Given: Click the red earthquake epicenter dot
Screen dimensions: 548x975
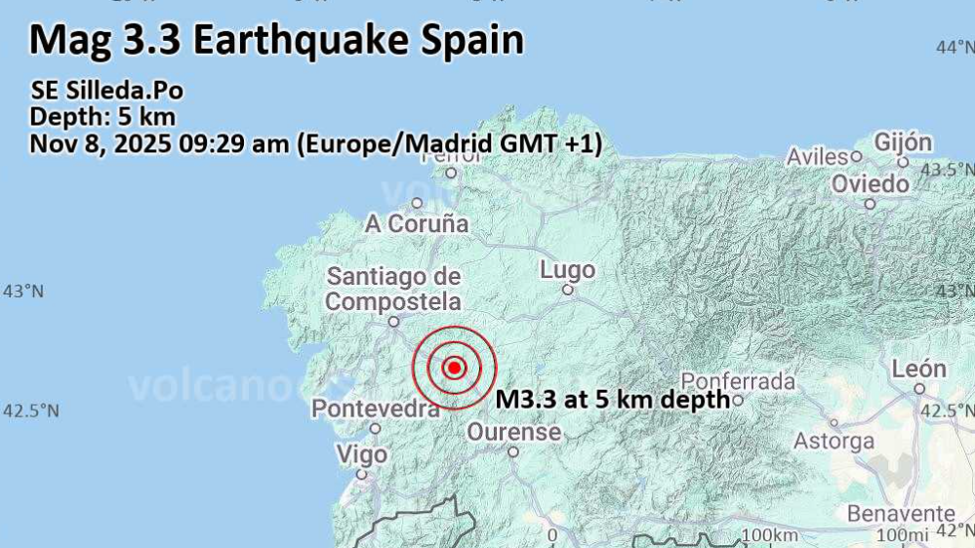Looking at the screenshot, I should [454, 368].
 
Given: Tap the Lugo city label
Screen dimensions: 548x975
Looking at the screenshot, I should [567, 270].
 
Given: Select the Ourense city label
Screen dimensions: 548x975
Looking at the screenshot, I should [513, 431].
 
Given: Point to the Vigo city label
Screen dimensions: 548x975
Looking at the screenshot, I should [361, 454].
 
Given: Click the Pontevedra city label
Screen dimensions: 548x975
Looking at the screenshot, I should [375, 409].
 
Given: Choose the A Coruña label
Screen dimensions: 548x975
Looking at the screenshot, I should [417, 223].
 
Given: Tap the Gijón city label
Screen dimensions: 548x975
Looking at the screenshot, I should [903, 142].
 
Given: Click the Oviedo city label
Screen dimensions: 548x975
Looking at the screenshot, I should [871, 183].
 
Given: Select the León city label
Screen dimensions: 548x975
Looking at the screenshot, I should [918, 369].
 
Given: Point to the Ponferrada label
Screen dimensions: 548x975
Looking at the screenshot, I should [738, 380].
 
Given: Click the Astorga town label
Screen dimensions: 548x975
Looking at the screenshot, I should [833, 441].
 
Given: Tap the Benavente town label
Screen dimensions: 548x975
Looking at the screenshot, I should [901, 513].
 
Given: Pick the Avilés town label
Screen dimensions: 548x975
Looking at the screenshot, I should [818, 157].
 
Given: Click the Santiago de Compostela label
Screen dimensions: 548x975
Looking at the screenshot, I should [393, 288].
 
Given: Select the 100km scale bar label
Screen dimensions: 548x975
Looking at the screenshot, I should [769, 535].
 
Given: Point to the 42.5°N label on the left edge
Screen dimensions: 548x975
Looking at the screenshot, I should [30, 411].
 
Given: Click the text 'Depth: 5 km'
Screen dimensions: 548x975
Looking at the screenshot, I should [102, 117].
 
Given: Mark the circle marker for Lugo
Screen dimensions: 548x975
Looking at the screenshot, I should [567, 290].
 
